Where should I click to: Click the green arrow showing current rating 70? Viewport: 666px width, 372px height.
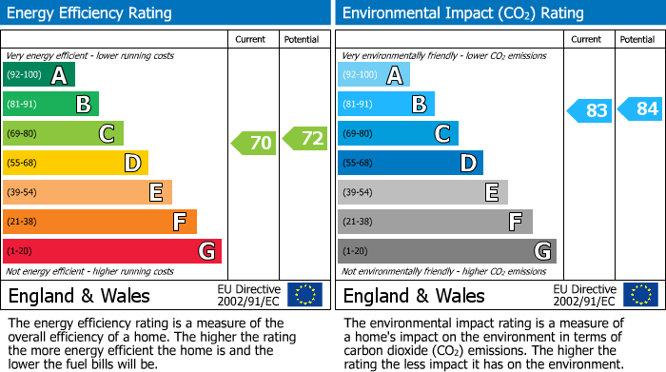[253, 144]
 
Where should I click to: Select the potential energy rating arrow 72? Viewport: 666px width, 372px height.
[304, 139]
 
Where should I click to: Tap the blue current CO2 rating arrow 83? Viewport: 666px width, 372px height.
[589, 110]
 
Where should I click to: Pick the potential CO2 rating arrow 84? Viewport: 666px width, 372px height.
[640, 109]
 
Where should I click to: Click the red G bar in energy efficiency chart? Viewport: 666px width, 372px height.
[112, 251]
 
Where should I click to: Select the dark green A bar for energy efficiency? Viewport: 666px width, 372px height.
[39, 75]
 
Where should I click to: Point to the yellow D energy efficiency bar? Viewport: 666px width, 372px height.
[75, 164]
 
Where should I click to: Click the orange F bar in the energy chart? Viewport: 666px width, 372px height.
[100, 222]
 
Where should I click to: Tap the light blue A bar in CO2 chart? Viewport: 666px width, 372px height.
[374, 75]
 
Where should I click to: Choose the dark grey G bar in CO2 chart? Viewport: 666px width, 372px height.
[446, 251]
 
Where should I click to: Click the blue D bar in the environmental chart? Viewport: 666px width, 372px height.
[410, 164]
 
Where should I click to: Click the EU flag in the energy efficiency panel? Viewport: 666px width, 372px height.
[305, 294]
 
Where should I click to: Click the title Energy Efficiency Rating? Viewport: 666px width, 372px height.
[90, 13]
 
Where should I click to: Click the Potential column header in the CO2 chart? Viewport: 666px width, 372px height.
[637, 39]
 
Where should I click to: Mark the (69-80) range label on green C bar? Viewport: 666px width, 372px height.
[23, 134]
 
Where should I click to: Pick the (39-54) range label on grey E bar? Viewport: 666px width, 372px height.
[358, 193]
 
